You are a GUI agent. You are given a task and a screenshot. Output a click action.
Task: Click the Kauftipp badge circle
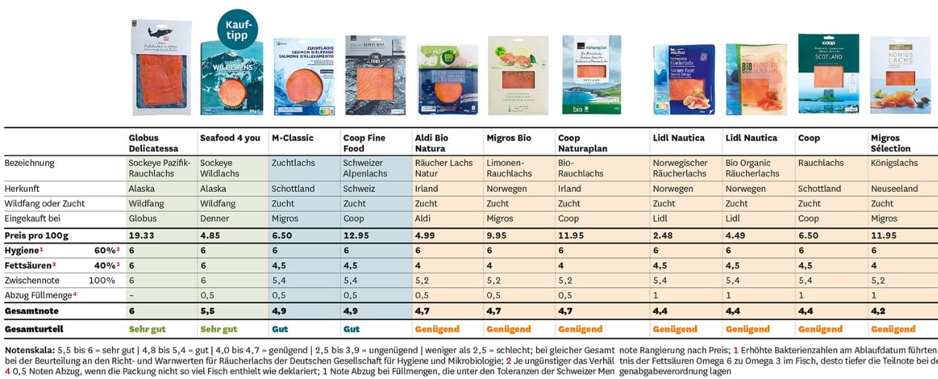point(237,29)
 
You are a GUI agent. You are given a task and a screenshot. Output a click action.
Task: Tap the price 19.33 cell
point(141,236)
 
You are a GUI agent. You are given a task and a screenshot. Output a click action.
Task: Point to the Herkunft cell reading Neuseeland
point(893,189)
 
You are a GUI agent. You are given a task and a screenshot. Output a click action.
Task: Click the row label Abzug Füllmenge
point(39,295)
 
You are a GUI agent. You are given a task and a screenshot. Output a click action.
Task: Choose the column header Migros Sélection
point(890,143)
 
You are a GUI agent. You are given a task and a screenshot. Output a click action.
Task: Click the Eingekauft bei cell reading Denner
point(215,218)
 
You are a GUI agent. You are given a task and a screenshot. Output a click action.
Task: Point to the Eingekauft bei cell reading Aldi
point(423,218)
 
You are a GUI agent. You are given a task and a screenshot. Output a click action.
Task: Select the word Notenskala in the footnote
point(27,349)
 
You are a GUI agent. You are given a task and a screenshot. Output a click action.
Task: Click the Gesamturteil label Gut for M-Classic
point(280,328)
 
